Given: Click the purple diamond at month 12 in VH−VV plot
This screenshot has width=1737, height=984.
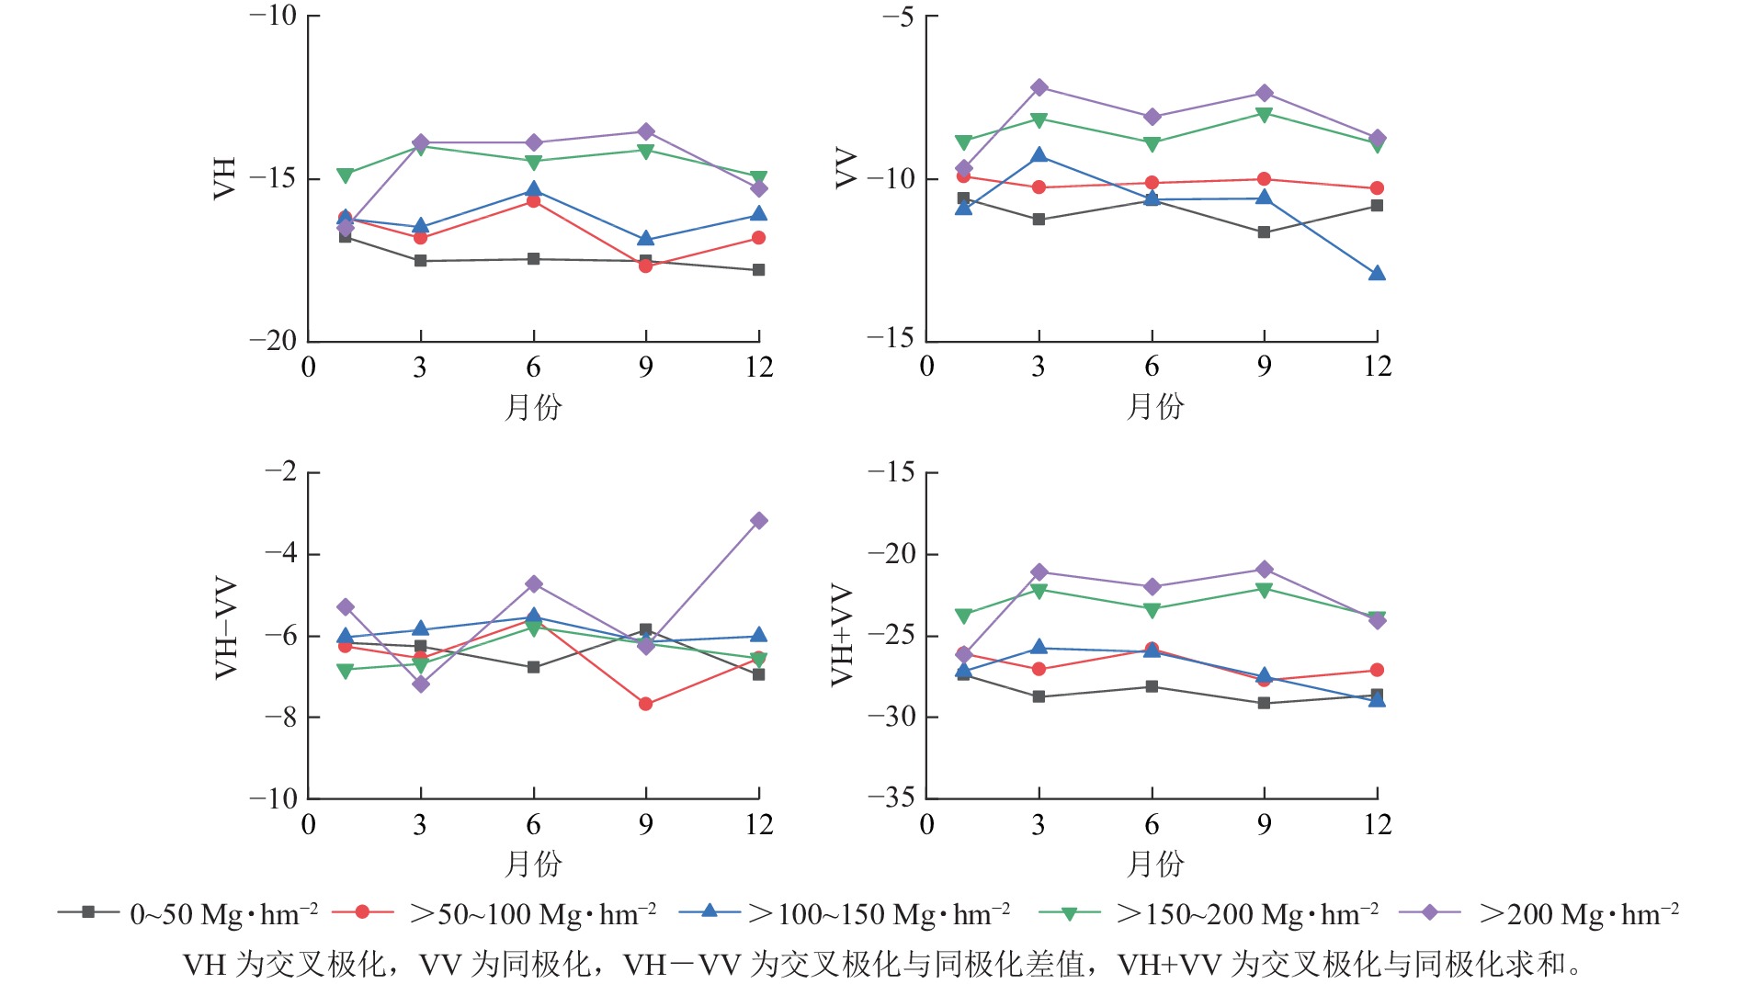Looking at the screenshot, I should click(758, 521).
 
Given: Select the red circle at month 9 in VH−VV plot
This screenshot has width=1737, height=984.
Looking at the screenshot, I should click(645, 704).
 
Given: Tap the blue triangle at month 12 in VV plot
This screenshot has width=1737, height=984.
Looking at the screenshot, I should click(1377, 274).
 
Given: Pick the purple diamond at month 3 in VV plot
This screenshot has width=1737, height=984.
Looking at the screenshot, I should click(1039, 87).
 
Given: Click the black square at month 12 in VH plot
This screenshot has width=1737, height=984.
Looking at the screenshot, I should click(758, 270).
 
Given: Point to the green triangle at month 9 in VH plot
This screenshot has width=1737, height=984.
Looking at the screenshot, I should click(645, 152).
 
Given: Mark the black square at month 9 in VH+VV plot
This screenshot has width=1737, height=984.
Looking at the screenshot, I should click(1264, 703).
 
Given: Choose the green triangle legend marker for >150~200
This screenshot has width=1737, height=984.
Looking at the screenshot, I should click(1069, 913).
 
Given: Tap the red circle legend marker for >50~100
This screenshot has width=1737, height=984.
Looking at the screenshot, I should click(362, 912).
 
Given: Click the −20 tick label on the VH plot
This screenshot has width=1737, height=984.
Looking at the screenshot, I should click(273, 340).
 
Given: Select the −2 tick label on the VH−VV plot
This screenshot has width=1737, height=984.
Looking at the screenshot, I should click(280, 472).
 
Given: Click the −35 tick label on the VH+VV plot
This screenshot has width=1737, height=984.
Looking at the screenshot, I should click(891, 797).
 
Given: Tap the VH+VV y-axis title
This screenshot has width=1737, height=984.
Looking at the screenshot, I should click(842, 635).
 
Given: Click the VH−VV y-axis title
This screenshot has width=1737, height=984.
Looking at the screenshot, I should click(226, 628).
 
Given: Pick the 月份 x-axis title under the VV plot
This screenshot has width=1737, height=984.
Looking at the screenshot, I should click(1155, 406).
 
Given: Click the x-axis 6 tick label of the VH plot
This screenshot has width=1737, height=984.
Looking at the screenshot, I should click(533, 368).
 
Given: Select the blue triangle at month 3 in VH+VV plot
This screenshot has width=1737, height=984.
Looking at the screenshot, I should click(1039, 648).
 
